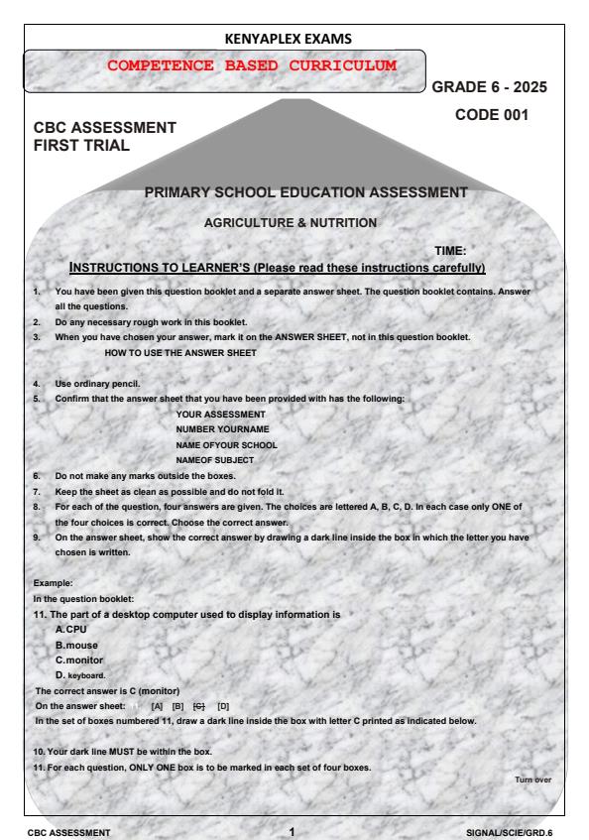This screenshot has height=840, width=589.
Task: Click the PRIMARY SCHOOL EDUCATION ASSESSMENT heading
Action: coord(305,192)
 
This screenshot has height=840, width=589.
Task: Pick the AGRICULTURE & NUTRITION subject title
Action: coord(290,223)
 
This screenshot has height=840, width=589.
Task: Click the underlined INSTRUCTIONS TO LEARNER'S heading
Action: coord(277,268)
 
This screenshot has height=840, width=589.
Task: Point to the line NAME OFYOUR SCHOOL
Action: coord(226,443)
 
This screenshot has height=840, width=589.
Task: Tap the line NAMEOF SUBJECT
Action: coord(214,459)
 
